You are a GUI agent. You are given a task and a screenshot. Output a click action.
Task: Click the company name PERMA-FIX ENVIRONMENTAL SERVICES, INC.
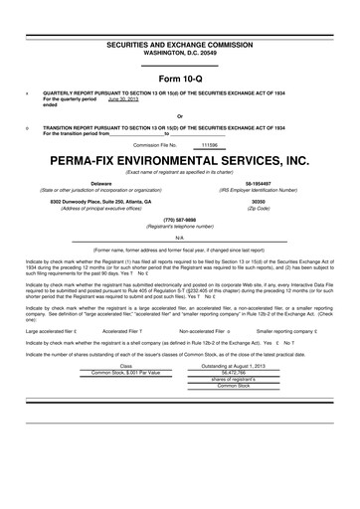179,159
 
